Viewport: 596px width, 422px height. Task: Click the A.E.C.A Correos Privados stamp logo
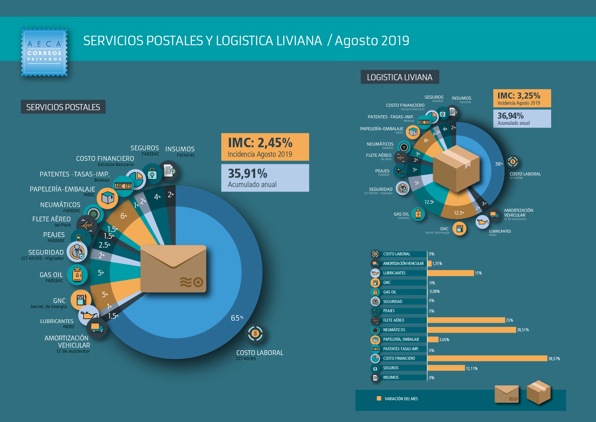point(44,52)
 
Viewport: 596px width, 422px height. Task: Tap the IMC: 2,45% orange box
point(265,147)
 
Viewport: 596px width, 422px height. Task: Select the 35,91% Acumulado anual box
point(265,178)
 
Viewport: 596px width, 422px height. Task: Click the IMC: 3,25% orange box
point(522,98)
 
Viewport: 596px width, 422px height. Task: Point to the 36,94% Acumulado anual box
point(522,118)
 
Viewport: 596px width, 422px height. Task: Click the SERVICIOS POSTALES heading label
point(63,107)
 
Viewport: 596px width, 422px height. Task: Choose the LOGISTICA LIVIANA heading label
point(400,77)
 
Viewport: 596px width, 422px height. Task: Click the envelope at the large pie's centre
point(173,269)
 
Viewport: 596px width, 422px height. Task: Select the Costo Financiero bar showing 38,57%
point(487,358)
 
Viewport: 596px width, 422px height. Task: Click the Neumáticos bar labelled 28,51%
point(472,330)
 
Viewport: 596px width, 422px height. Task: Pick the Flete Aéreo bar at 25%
point(466,320)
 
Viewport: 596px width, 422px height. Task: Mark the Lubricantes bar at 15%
point(451,273)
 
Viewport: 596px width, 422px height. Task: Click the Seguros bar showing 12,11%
point(446,368)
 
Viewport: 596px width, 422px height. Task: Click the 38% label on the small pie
point(498,164)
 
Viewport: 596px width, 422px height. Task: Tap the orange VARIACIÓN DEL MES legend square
point(379,399)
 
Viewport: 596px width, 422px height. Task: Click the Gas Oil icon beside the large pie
point(77,275)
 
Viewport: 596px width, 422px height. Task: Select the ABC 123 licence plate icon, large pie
point(123,186)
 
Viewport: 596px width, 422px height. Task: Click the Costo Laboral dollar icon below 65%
point(255,334)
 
